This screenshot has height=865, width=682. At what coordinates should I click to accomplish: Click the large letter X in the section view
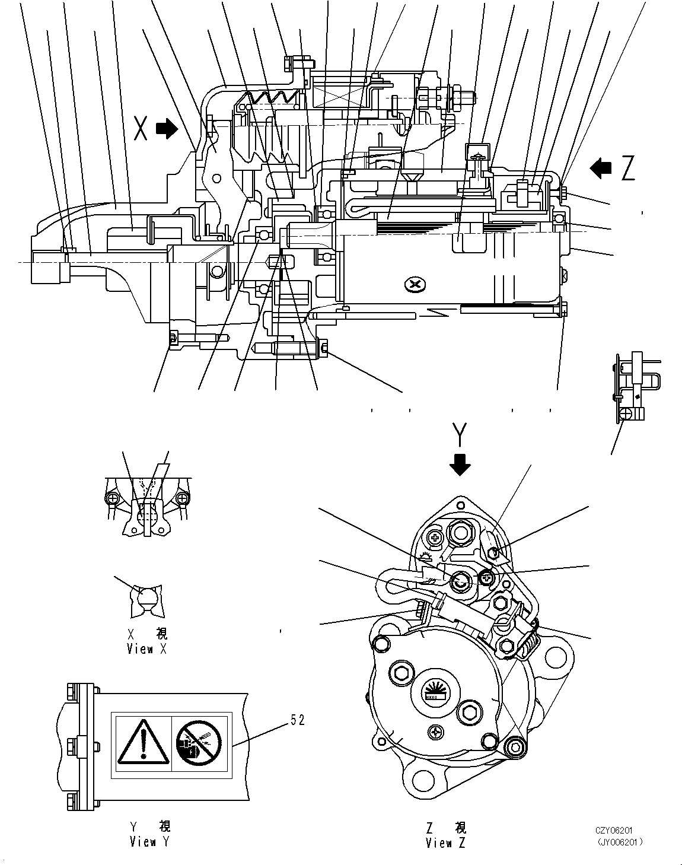[141, 128]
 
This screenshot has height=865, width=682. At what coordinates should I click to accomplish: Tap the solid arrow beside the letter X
[167, 129]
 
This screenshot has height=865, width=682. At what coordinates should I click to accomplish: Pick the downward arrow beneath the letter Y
[460, 465]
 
